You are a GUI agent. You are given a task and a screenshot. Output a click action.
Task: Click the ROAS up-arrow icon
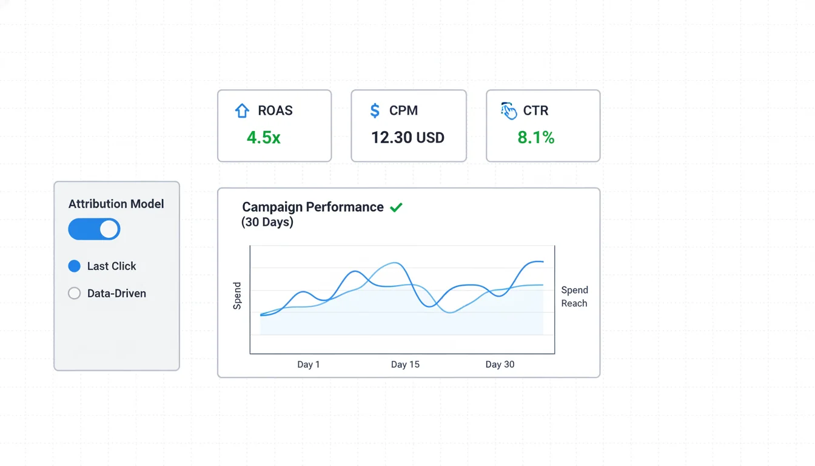point(242,111)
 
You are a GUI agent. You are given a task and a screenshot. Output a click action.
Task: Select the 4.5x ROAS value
point(264,138)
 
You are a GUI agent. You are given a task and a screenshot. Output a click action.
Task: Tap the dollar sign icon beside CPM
point(375,110)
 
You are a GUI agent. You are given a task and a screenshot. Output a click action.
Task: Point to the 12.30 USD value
point(408,138)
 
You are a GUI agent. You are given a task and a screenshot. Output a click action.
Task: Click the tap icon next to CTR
point(509,111)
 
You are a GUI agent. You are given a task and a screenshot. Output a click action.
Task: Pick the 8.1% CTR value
point(536,138)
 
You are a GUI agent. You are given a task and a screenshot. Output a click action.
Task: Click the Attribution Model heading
point(116,204)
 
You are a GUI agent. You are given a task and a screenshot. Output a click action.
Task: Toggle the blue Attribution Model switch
point(94,229)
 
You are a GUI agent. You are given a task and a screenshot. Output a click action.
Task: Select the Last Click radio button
point(75,266)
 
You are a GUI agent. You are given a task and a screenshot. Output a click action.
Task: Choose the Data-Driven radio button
point(75,294)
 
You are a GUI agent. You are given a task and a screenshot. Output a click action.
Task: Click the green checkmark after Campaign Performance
point(396,208)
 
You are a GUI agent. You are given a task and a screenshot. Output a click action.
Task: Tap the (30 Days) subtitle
point(267,222)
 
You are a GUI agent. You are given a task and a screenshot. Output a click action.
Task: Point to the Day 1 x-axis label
point(308,365)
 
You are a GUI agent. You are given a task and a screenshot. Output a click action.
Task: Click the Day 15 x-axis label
point(405,365)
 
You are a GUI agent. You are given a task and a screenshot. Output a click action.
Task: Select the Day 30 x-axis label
point(500,365)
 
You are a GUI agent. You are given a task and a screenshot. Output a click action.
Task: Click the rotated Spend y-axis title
point(237,295)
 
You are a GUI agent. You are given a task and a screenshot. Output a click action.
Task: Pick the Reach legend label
point(574,303)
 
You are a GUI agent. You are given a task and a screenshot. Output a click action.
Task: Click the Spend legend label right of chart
point(575,290)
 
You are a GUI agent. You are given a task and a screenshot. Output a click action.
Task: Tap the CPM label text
point(404,110)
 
